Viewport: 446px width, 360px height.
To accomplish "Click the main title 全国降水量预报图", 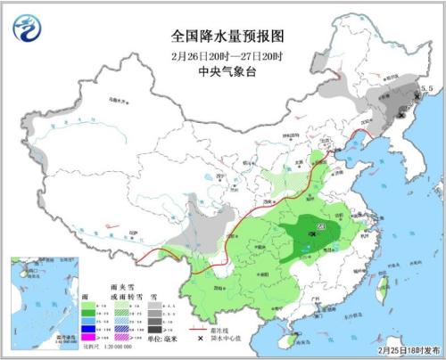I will [x=227, y=37].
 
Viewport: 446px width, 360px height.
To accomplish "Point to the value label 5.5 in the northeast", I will [x=425, y=89].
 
